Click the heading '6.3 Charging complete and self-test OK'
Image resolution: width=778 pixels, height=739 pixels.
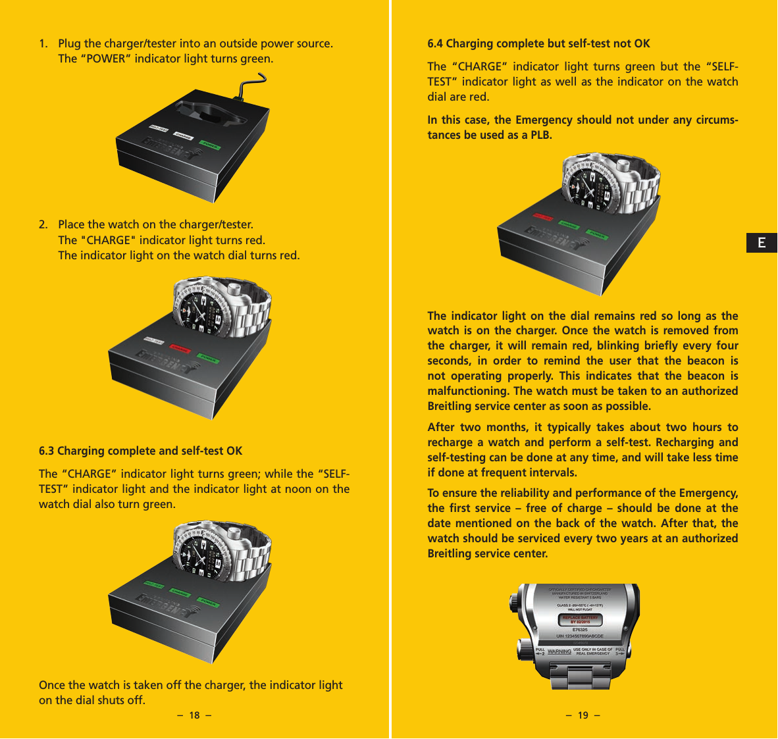(x=140, y=451)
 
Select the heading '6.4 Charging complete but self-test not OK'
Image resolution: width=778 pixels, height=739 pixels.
(x=538, y=44)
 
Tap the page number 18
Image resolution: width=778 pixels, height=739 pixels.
(x=194, y=716)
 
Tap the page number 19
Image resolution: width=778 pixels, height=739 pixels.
(x=583, y=716)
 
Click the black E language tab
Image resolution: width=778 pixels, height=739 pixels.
(x=762, y=243)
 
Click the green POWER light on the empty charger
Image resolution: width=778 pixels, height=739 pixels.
(x=210, y=144)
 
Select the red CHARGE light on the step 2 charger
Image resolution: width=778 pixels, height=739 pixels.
(x=179, y=349)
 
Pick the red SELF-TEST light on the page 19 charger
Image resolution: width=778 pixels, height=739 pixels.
(x=544, y=218)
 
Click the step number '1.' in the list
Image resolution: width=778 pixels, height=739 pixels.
(x=43, y=44)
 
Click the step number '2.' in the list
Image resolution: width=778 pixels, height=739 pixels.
(x=43, y=225)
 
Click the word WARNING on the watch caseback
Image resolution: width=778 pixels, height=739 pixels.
(x=559, y=652)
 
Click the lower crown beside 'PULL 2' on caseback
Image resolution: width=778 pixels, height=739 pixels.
(x=525, y=650)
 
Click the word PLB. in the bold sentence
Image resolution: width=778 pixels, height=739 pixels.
(x=541, y=136)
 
